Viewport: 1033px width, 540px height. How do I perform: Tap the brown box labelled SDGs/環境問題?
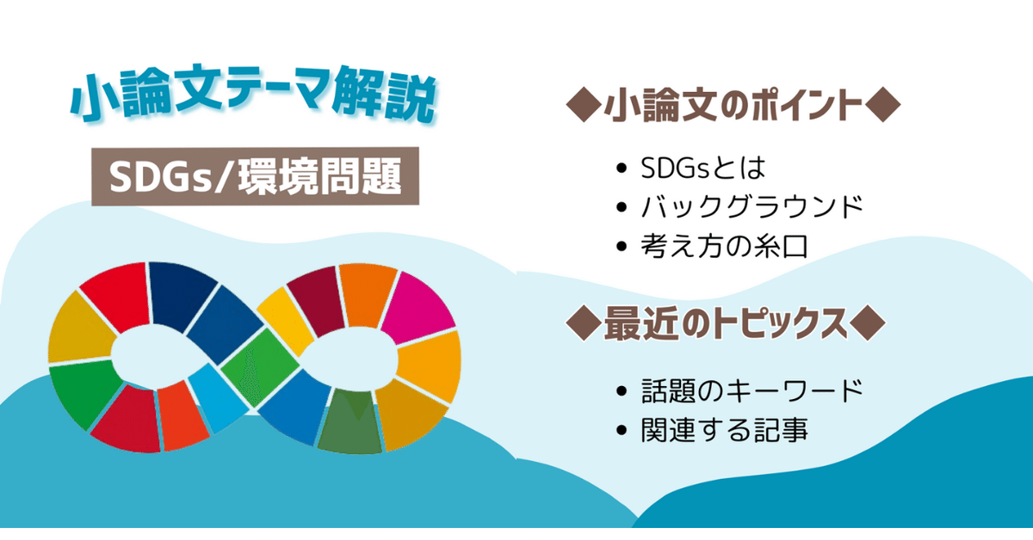(x=255, y=178)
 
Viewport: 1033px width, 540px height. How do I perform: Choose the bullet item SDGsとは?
(x=702, y=167)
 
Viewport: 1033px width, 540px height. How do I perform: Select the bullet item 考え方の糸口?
(x=724, y=247)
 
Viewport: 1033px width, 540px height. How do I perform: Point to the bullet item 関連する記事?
(x=724, y=430)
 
